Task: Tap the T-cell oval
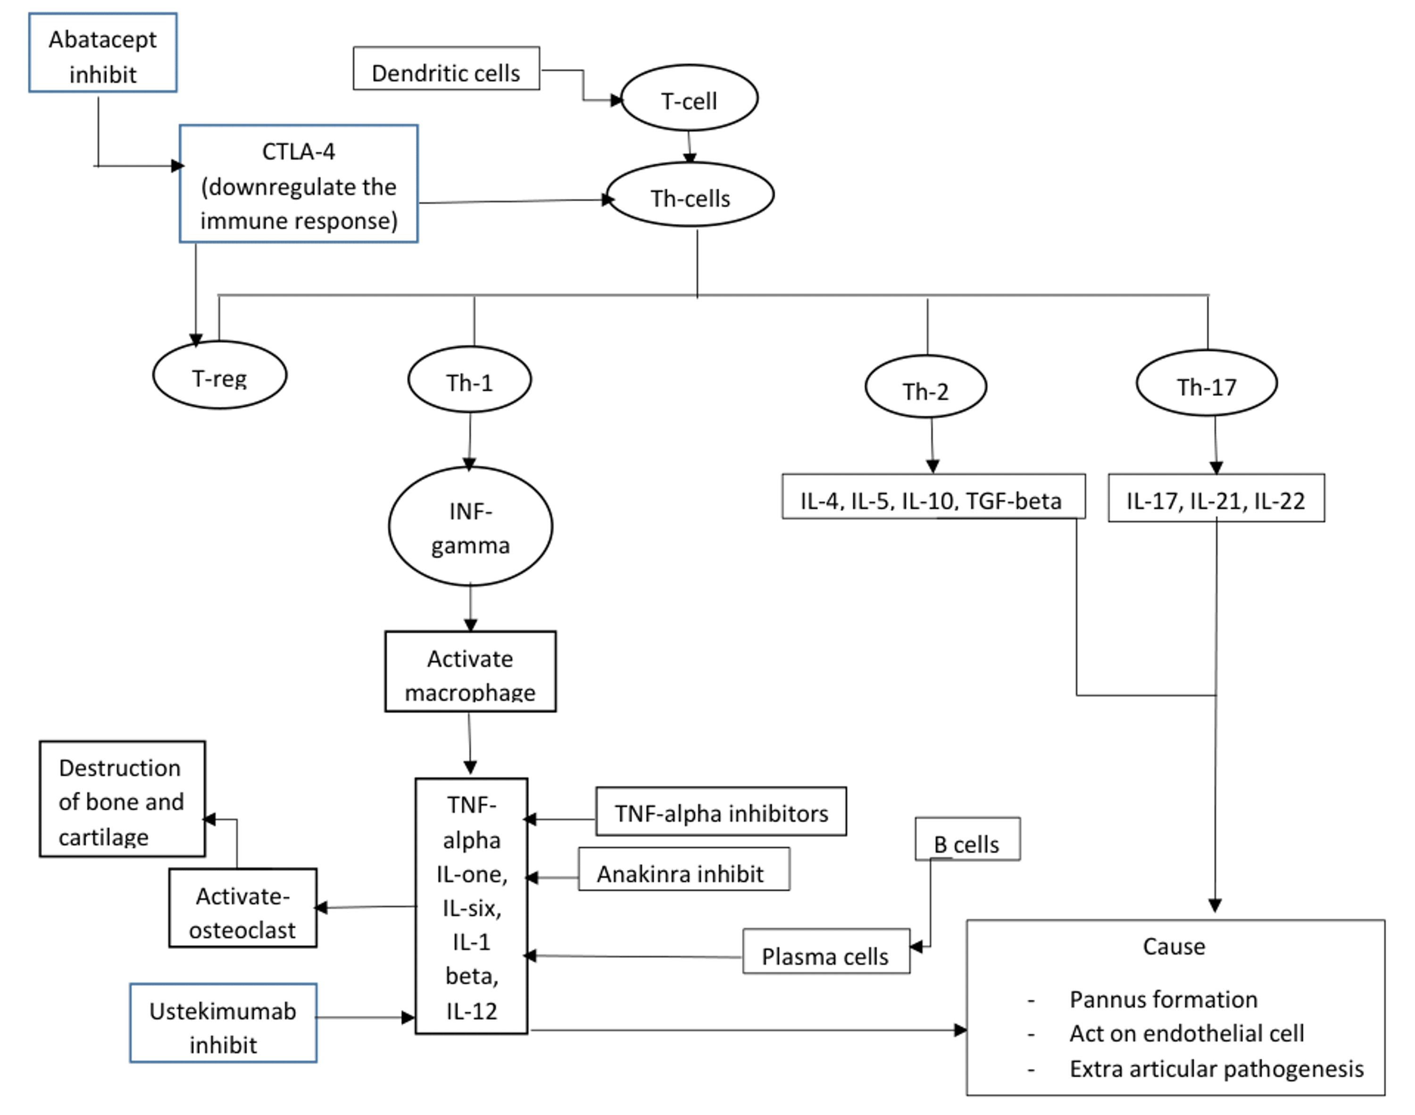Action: pos(689,99)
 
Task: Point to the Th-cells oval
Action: pos(690,195)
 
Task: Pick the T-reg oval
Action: pos(219,375)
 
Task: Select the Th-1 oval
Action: pos(469,380)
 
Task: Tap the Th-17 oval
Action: pos(1206,384)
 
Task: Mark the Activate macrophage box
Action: pos(470,672)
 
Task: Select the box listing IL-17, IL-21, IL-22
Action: pos(1216,499)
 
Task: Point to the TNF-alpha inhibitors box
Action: pos(721,812)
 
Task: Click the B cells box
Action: pos(966,840)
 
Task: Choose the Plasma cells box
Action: pos(825,953)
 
